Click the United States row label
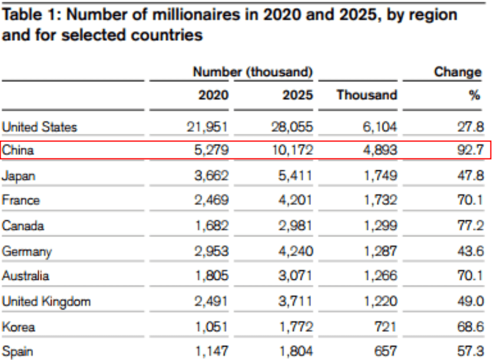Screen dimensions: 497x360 coord(39,127)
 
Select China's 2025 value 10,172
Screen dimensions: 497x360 coord(292,150)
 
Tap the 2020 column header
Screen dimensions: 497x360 coord(213,95)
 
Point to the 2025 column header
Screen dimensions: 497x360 coord(297,95)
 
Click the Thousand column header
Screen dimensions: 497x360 coord(367,95)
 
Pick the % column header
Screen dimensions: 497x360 coord(475,95)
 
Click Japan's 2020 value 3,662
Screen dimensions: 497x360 coord(211,176)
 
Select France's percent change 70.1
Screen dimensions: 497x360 coord(471,200)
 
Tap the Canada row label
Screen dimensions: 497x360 coord(23,226)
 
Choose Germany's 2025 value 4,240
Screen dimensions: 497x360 coord(296,251)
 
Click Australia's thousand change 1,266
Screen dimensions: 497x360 coord(380,276)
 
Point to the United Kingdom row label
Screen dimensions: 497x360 coord(47,302)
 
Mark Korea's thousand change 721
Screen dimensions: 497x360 coord(386,326)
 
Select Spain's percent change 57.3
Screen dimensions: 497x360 coord(471,351)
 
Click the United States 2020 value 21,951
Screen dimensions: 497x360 coord(207,127)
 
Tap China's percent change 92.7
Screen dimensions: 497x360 coord(471,150)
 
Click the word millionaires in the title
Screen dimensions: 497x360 coord(196,15)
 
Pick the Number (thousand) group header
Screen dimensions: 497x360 coord(253,72)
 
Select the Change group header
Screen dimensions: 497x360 coord(458,72)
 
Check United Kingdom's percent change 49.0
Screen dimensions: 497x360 coord(471,301)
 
